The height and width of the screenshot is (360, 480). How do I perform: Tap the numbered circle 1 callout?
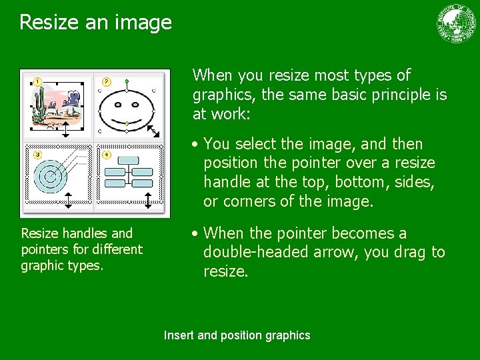click(x=37, y=81)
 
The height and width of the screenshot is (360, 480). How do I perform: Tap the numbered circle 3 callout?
click(x=37, y=155)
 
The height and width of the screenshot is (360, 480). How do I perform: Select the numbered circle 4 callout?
click(x=107, y=155)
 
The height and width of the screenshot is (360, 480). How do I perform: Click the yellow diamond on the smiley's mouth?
click(x=127, y=123)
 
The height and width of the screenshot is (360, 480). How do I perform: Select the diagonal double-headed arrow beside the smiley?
click(x=153, y=131)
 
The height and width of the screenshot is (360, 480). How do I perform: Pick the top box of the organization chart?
click(x=128, y=161)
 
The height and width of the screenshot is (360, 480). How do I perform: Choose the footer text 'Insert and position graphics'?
click(x=237, y=335)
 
